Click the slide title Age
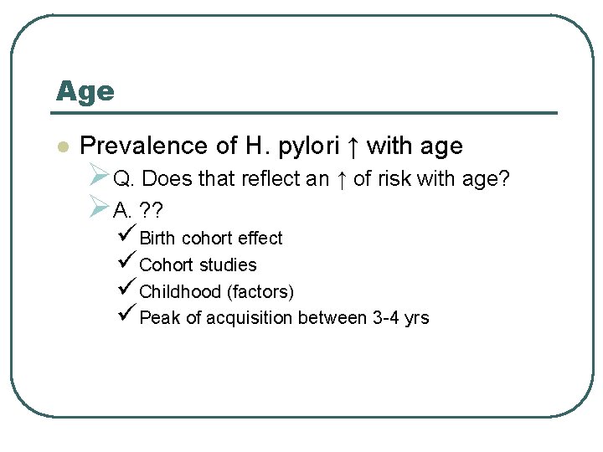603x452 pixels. click(85, 90)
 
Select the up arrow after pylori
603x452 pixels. click(353, 146)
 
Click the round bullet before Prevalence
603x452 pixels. click(60, 147)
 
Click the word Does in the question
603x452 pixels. click(173, 180)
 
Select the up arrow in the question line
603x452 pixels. click(343, 180)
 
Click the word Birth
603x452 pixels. click(158, 239)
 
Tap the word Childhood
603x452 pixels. click(179, 292)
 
